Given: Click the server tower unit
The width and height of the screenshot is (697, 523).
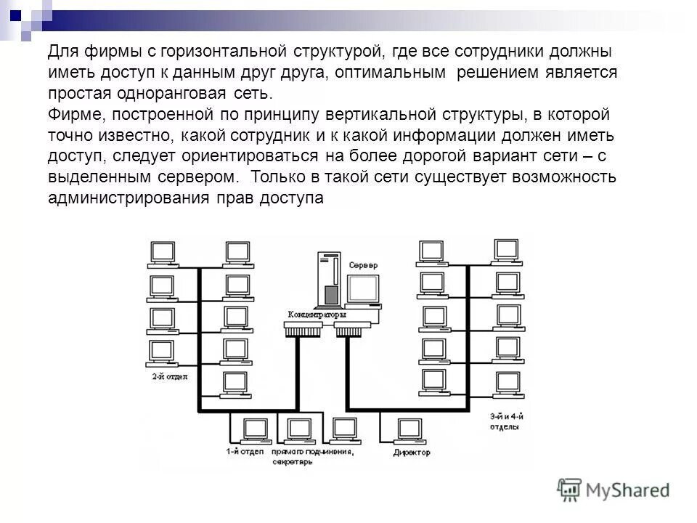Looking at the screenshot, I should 328,279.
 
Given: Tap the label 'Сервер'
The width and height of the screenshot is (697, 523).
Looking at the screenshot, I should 363,266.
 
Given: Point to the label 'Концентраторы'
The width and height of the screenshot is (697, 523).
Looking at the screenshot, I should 317,315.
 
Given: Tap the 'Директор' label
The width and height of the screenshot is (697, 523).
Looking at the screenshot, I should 412,452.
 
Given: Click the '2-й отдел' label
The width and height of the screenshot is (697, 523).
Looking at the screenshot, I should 169,376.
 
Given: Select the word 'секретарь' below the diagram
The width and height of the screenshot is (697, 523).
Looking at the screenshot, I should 292,462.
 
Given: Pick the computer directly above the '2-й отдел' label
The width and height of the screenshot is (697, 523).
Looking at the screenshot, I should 161,353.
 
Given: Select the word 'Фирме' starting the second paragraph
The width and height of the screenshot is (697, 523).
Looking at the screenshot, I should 76,115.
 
